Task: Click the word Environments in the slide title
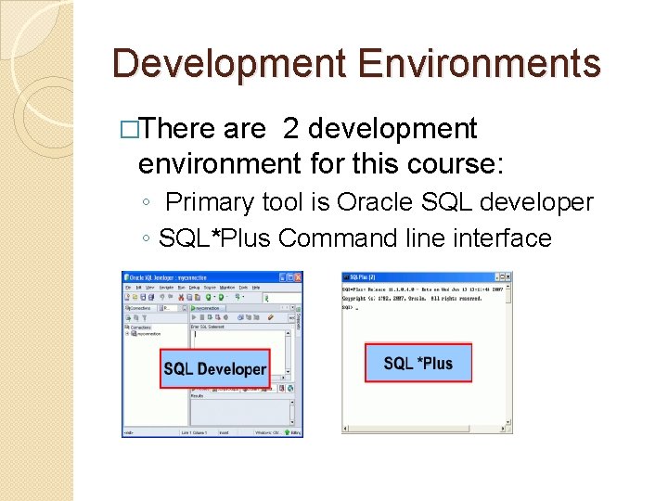click(x=479, y=64)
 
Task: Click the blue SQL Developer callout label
click(x=214, y=369)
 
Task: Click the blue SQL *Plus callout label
click(x=417, y=363)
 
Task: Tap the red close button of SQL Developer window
click(x=298, y=276)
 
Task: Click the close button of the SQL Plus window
click(x=507, y=276)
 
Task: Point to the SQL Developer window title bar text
click(x=166, y=276)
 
